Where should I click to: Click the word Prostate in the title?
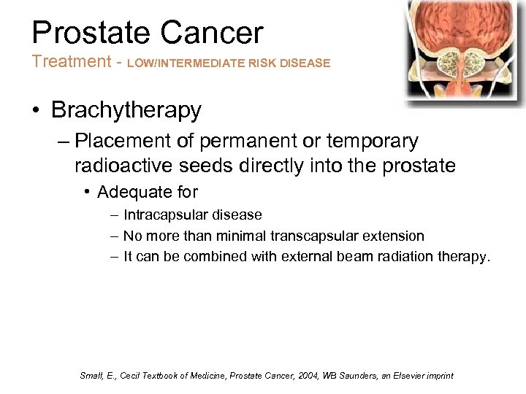pyautogui.click(x=91, y=34)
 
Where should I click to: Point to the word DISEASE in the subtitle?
pyautogui.click(x=306, y=63)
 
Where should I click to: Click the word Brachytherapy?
pyautogui.click(x=126, y=110)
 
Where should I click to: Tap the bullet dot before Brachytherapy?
pyautogui.click(x=37, y=111)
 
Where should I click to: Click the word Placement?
pyautogui.click(x=126, y=141)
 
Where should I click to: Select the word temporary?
pyautogui.click(x=368, y=141)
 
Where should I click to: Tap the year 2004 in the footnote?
pyautogui.click(x=316, y=376)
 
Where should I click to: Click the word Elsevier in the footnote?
pyautogui.click(x=408, y=376)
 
